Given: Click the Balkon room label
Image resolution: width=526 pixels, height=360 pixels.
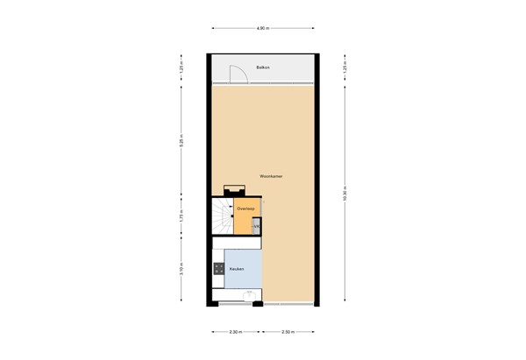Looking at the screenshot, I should pos(261,67).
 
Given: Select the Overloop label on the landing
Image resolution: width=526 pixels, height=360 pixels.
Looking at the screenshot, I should pos(245,209).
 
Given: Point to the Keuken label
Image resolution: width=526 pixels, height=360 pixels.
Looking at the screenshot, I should pos(236,269).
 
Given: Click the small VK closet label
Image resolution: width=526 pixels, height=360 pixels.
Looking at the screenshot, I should pos(256,228).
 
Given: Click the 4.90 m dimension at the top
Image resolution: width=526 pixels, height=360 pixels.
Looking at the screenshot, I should pos(262,28).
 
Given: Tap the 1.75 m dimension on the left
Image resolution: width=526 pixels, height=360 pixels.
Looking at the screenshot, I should pos(181,216).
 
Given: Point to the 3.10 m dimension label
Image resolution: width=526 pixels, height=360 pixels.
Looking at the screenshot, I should pos(181,270).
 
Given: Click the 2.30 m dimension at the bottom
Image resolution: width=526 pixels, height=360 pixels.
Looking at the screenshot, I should pos(234,333).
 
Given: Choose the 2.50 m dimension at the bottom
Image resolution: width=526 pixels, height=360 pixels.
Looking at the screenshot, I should pos(288,333).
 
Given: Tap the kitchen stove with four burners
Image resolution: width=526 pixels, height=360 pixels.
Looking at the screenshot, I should pos(217,270).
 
